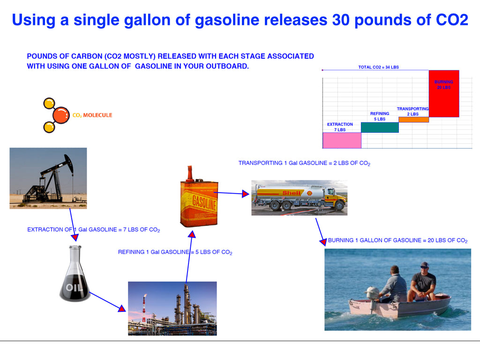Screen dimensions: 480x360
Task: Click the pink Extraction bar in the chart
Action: click(x=342, y=141)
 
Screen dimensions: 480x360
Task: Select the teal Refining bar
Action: click(x=380, y=127)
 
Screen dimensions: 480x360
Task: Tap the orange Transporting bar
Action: click(x=413, y=120)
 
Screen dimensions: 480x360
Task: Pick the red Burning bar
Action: click(x=444, y=94)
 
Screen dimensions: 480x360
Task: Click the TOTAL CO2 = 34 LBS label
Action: click(x=379, y=67)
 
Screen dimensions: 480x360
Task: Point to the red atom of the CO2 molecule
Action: click(x=61, y=115)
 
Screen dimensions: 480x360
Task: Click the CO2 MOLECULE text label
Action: click(x=92, y=115)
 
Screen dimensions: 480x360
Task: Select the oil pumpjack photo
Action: click(x=48, y=178)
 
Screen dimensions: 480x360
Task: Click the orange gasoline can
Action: click(x=199, y=197)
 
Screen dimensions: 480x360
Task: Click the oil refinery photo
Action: click(x=172, y=308)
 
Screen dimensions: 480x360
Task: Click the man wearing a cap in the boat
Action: click(x=422, y=282)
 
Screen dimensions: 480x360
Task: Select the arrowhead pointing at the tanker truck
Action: click(x=246, y=194)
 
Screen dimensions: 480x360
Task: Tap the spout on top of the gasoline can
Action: click(x=190, y=173)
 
